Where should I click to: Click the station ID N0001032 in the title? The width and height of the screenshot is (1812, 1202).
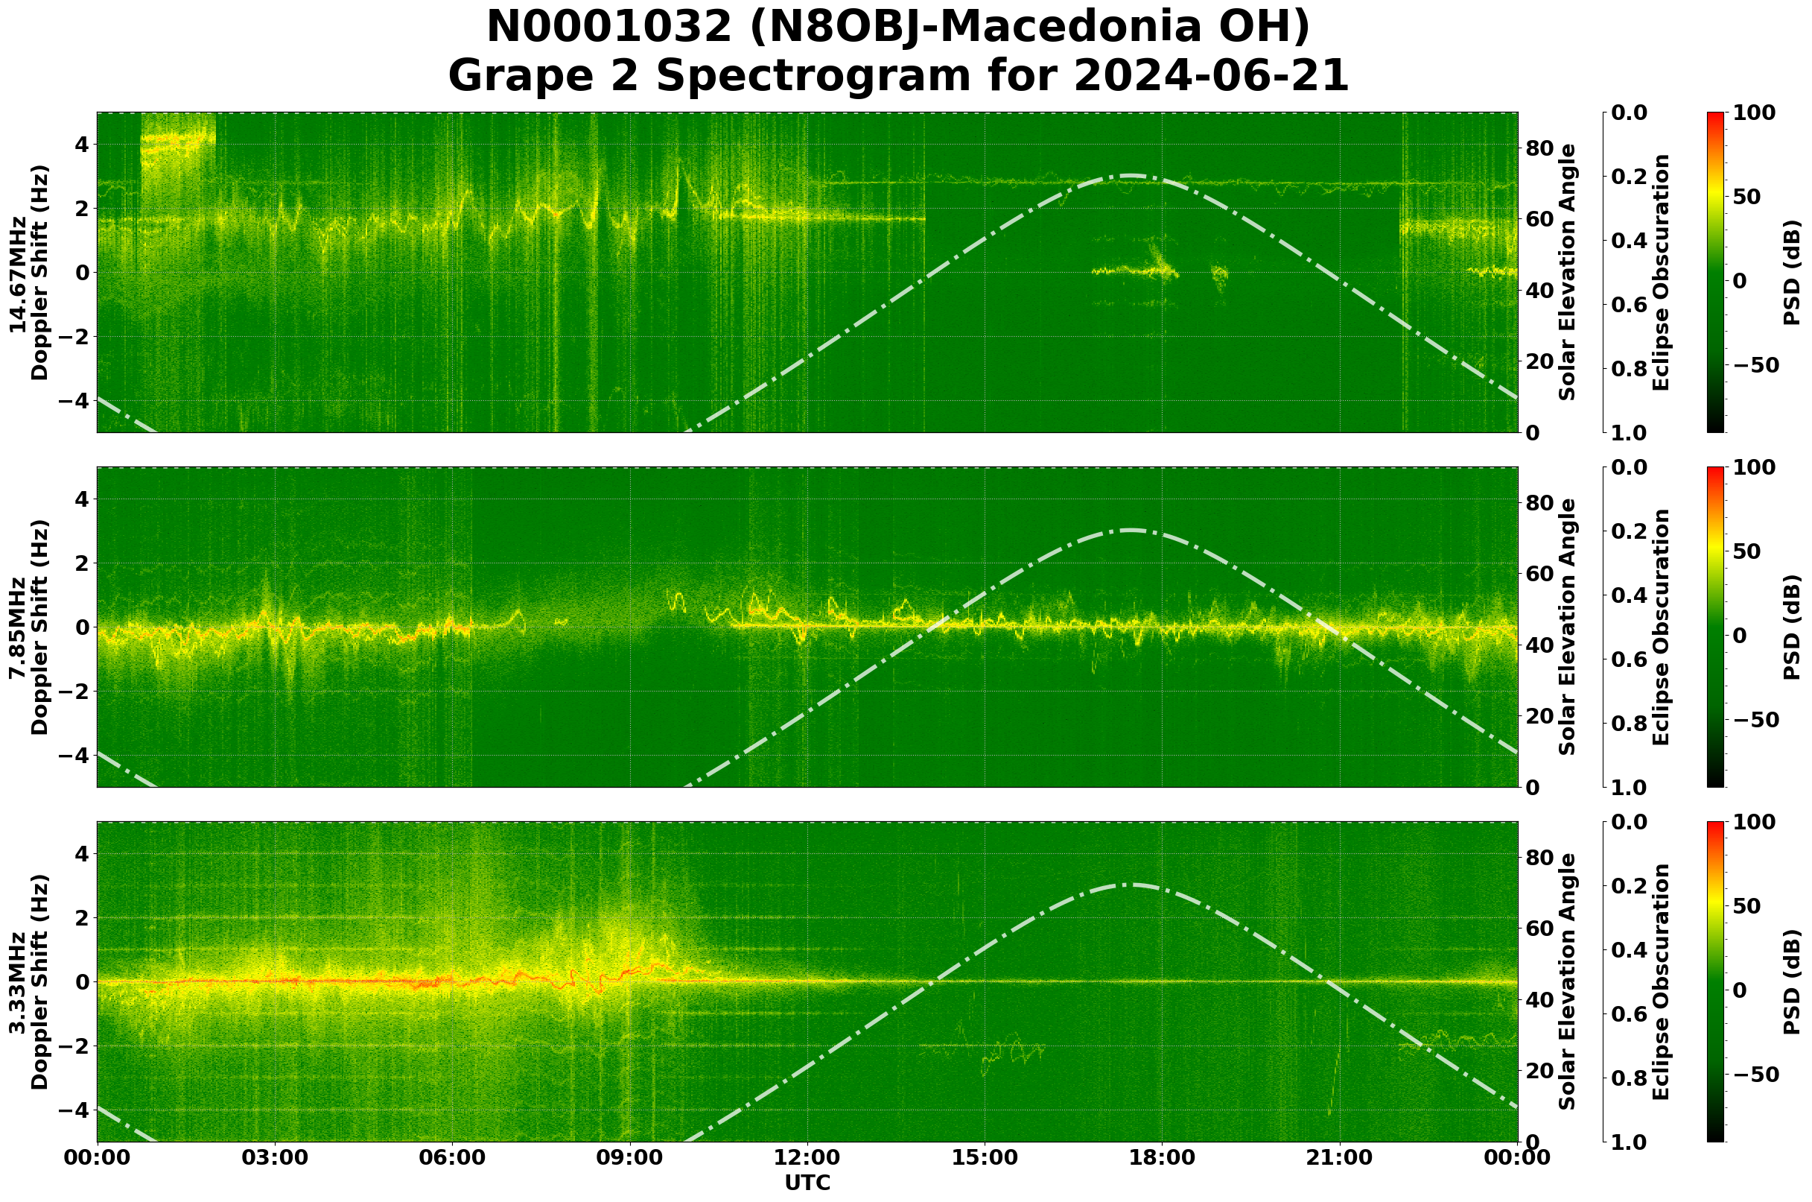[x=610, y=28]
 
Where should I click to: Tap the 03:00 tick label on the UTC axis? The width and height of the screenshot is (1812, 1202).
[x=274, y=1157]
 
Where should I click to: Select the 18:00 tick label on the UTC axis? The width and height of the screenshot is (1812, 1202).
[x=1162, y=1157]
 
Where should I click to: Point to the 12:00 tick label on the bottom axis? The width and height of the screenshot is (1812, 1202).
[x=807, y=1157]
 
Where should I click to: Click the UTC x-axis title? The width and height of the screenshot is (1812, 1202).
[x=807, y=1183]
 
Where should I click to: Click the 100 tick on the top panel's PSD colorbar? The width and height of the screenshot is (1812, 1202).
[x=1754, y=113]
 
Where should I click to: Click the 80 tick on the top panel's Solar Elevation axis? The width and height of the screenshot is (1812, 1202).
[x=1540, y=149]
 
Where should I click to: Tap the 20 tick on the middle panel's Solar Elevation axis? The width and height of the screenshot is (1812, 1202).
[x=1540, y=717]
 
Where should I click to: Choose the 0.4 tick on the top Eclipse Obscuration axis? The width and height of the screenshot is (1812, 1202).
[x=1630, y=241]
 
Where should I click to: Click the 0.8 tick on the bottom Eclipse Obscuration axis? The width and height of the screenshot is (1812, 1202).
[x=1630, y=1078]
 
